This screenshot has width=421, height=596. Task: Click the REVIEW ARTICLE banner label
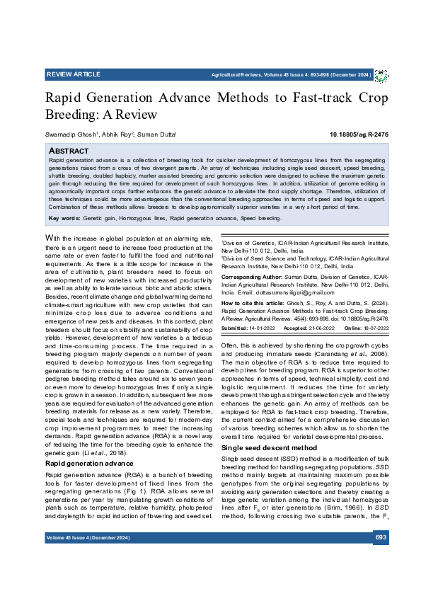pyautogui.click(x=73, y=74)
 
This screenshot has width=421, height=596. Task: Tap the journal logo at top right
pyautogui.click(x=381, y=76)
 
